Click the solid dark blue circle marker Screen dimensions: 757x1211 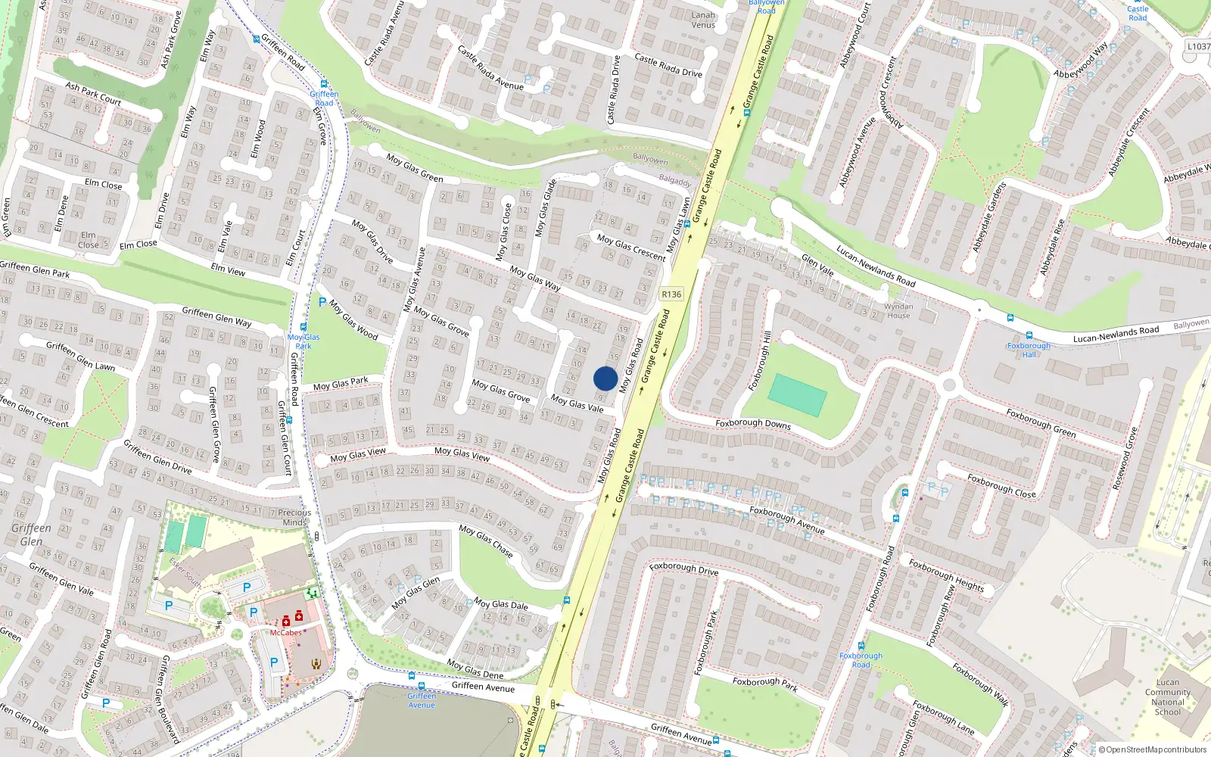point(605,378)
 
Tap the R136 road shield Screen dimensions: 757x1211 point(671,294)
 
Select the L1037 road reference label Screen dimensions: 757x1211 point(1199,46)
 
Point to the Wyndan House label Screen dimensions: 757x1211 point(898,311)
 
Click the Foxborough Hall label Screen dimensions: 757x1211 point(1029,350)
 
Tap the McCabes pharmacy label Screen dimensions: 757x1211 point(286,632)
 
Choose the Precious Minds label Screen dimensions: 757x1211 point(294,517)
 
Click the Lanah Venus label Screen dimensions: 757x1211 point(703,20)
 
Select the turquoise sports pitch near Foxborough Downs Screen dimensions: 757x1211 point(797,394)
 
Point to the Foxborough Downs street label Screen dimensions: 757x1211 point(753,424)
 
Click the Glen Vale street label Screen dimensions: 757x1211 point(817,265)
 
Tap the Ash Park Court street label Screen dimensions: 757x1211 point(93,93)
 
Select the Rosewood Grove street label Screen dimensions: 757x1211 point(1125,459)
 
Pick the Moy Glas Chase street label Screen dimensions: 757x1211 point(486,541)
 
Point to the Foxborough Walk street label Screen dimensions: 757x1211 point(980,684)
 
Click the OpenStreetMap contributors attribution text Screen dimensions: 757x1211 point(1152,749)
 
